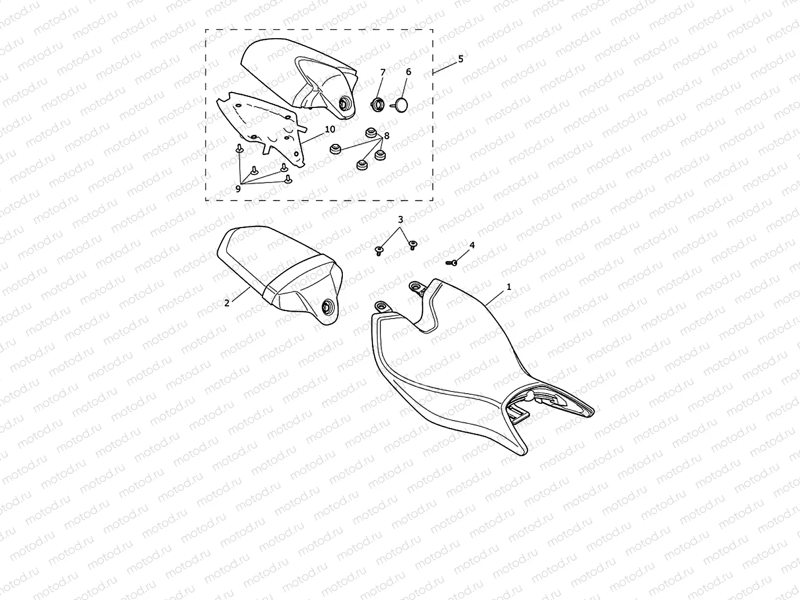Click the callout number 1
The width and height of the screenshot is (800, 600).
tap(509, 287)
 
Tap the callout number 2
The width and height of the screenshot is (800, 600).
tap(226, 303)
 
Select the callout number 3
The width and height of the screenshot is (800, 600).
tap(401, 220)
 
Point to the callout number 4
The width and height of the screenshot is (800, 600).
tap(472, 245)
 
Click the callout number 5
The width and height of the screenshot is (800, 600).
tap(461, 59)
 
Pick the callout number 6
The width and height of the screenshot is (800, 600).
tap(408, 72)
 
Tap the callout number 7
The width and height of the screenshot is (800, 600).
tap(383, 72)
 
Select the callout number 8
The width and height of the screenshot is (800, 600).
tap(387, 136)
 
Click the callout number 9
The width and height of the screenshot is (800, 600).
tap(238, 189)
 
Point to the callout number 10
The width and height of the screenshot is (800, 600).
tap(330, 129)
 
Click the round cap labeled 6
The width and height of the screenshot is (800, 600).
tap(401, 105)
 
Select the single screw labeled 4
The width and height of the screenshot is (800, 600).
tap(451, 262)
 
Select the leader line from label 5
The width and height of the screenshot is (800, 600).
tap(445, 68)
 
